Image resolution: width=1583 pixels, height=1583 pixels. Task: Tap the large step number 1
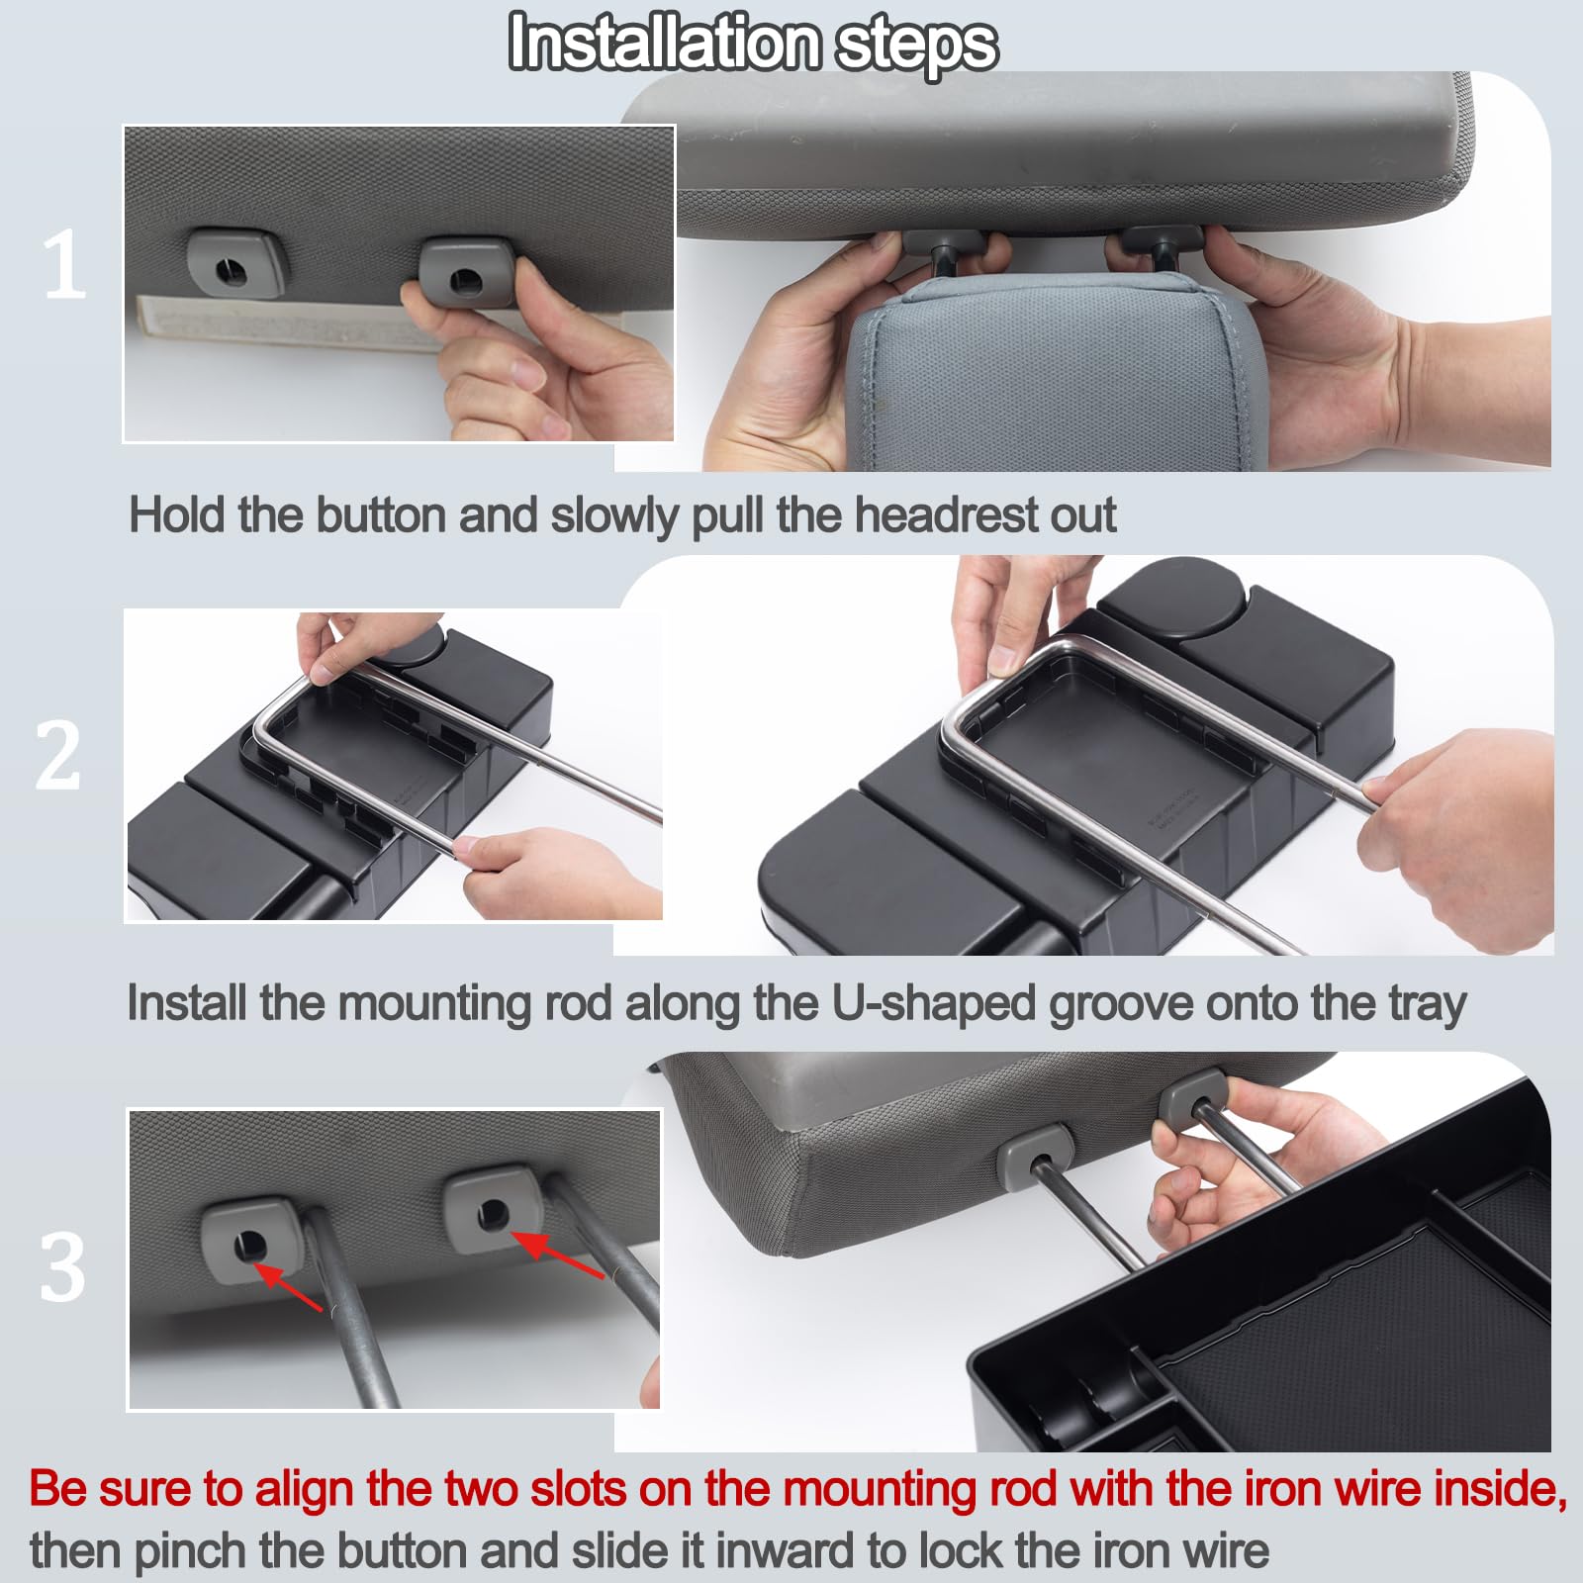pos(64,264)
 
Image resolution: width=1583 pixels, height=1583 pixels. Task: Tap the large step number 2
pos(57,756)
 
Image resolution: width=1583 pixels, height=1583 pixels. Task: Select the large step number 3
pos(61,1267)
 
